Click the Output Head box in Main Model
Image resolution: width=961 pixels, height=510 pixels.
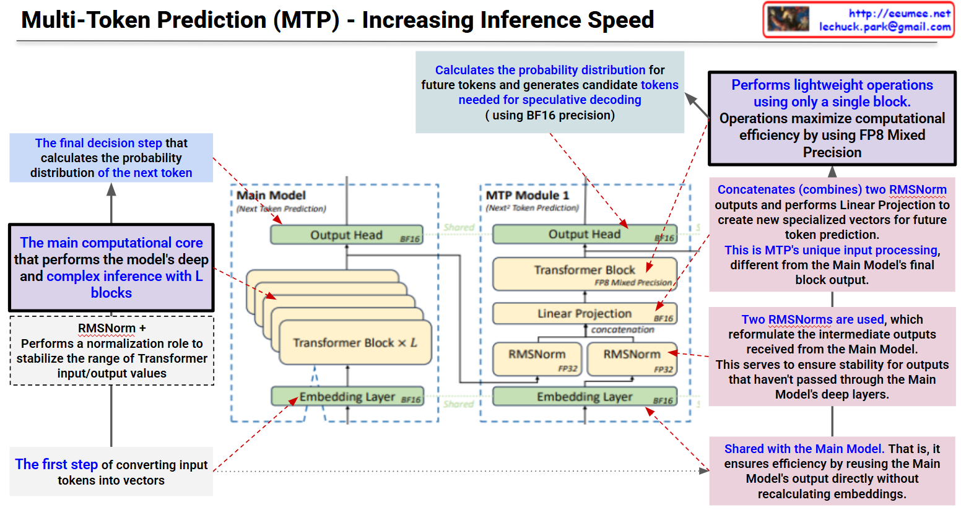tap(346, 235)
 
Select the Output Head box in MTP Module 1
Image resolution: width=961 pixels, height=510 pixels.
tap(584, 235)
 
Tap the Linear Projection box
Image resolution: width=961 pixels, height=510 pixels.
tap(584, 314)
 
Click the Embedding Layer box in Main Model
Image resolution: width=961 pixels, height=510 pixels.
tap(347, 397)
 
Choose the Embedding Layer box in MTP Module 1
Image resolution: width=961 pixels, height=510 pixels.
tap(584, 397)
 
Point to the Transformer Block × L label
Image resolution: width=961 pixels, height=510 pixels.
tap(355, 343)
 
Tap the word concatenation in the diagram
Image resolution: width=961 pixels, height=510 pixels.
tap(622, 330)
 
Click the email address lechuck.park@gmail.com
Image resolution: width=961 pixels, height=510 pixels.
tap(884, 27)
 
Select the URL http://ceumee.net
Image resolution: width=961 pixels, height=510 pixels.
tap(899, 13)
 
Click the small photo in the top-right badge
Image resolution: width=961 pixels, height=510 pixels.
tap(788, 19)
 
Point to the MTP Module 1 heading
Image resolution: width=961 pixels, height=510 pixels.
tap(527, 196)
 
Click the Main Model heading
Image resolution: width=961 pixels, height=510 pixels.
tap(271, 196)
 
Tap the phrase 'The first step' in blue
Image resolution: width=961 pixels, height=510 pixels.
tap(56, 464)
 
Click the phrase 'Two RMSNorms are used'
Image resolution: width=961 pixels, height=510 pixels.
tap(812, 319)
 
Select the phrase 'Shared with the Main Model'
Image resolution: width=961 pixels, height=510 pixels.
tap(803, 449)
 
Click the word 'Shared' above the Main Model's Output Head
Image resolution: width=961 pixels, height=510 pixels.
tap(459, 227)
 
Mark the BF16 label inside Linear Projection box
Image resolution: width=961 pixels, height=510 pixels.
tap(663, 319)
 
